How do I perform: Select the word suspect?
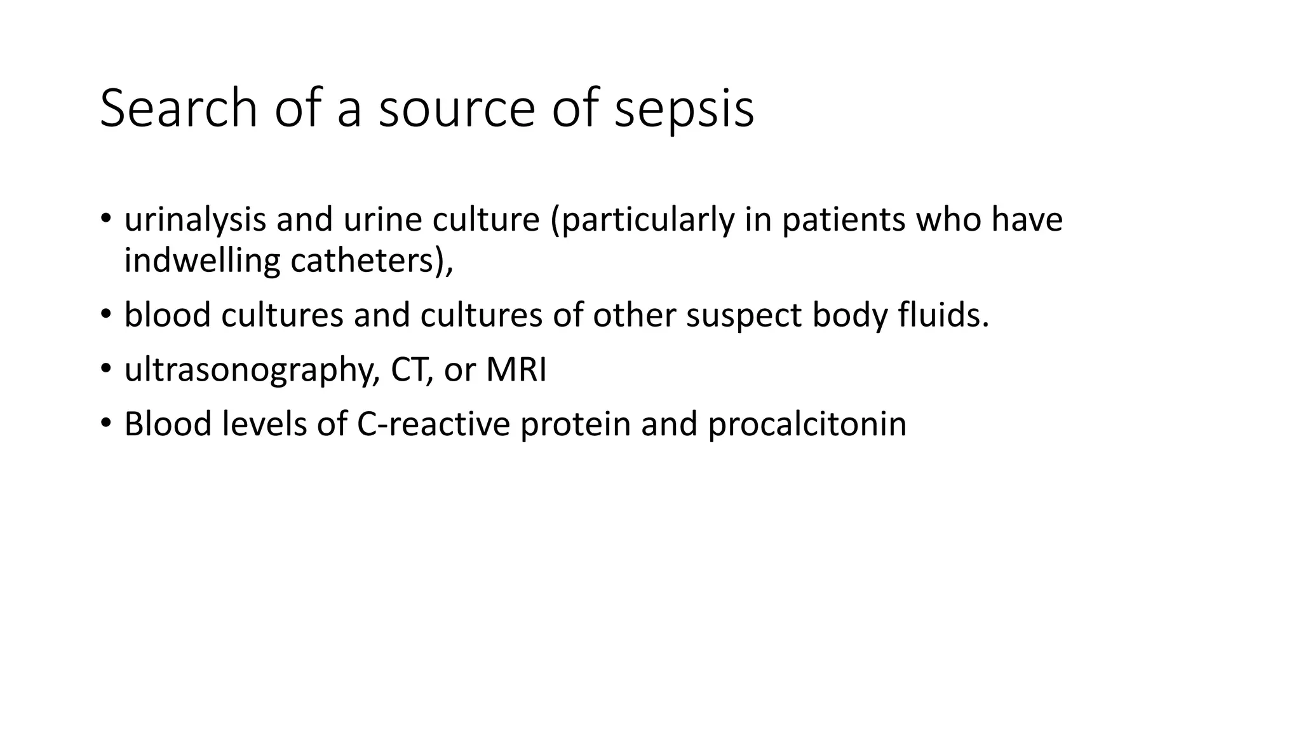click(743, 315)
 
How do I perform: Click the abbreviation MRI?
click(516, 370)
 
